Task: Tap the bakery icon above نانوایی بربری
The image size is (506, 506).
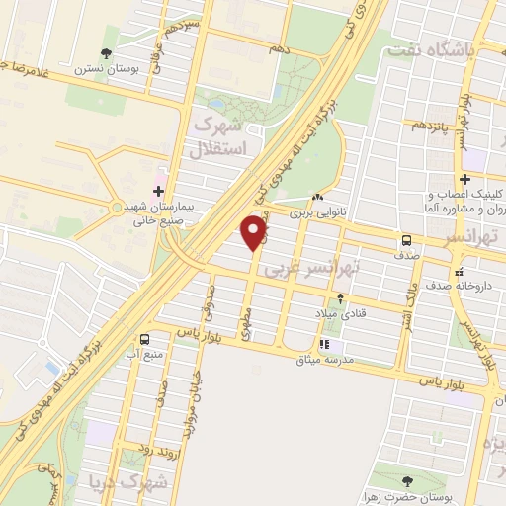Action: pos(315,197)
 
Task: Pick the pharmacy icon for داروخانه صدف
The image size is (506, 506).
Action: pos(457,272)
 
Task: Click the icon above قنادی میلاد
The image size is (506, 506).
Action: pos(341,297)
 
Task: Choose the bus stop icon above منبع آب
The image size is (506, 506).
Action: pos(145,339)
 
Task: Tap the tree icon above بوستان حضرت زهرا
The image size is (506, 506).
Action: pos(406,480)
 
